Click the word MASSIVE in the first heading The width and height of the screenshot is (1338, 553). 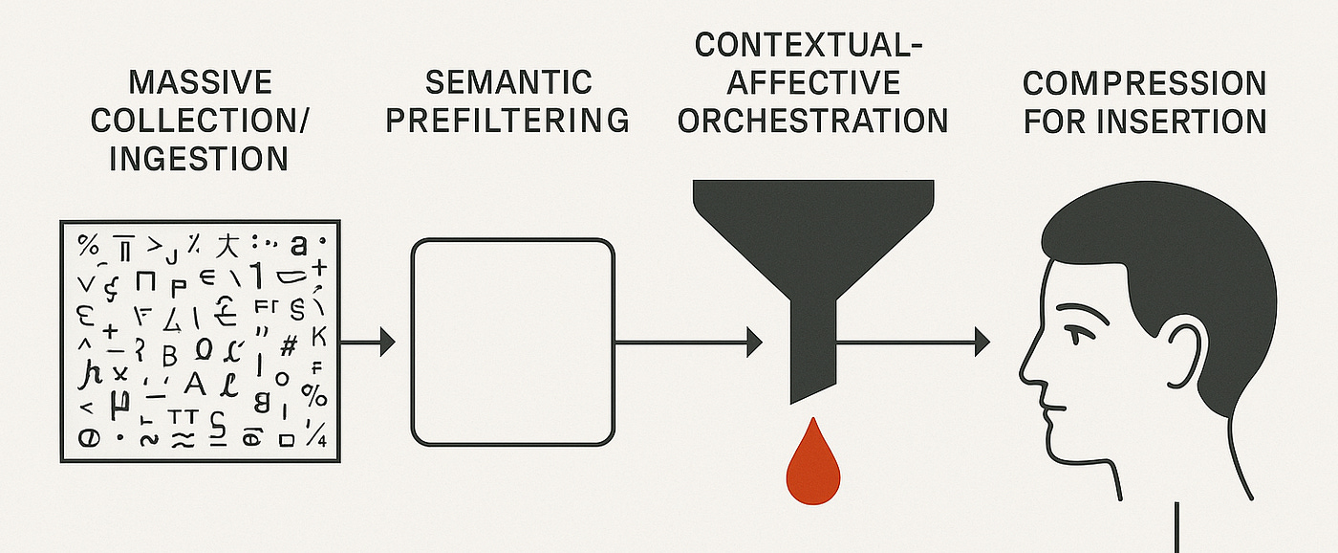[x=200, y=81]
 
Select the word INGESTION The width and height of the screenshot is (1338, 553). [x=199, y=158]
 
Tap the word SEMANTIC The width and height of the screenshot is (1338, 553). [x=508, y=81]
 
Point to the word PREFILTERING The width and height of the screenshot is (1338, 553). [x=508, y=121]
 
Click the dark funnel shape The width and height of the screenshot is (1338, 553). [x=812, y=249]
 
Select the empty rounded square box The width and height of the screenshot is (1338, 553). [x=512, y=342]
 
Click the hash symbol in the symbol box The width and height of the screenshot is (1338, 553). [x=287, y=343]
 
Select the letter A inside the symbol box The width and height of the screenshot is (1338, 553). [x=194, y=384]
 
